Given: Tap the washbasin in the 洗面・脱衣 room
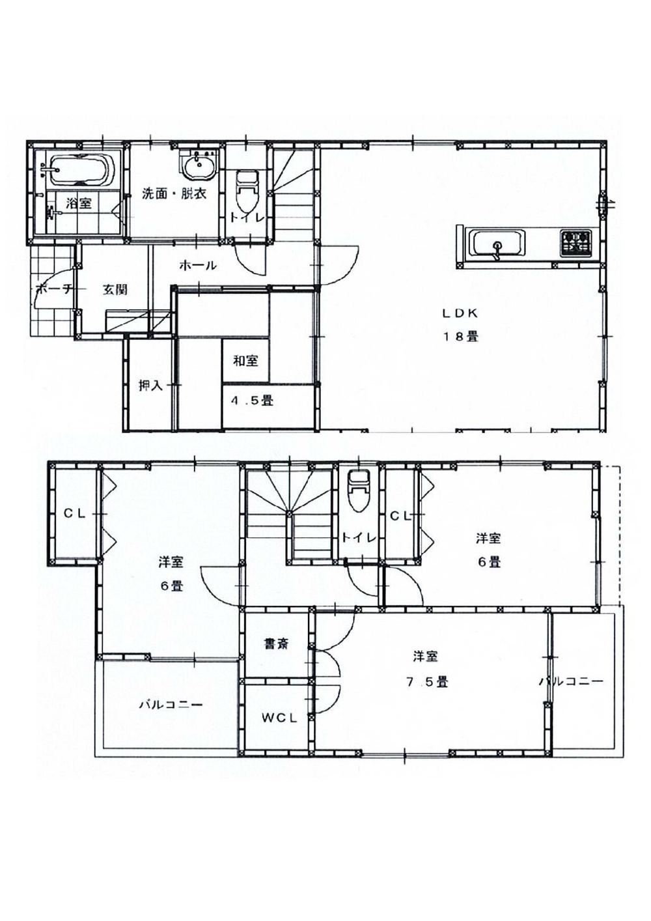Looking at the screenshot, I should pyautogui.click(x=198, y=166).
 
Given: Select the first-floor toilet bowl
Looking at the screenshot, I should pyautogui.click(x=247, y=189).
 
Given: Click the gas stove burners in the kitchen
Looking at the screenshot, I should pyautogui.click(x=575, y=242).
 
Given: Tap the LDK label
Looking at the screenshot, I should pyautogui.click(x=461, y=313).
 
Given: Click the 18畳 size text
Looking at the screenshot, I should pyautogui.click(x=461, y=337).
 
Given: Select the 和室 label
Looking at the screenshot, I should pyautogui.click(x=245, y=360).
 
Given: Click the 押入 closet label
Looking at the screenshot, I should pyautogui.click(x=150, y=386).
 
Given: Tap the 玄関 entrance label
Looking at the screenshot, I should pyautogui.click(x=115, y=289).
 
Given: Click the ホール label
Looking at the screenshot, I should pyautogui.click(x=197, y=266).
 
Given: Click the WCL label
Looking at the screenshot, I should pyautogui.click(x=279, y=718).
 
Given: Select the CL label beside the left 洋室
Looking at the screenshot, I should pyautogui.click(x=75, y=513).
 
